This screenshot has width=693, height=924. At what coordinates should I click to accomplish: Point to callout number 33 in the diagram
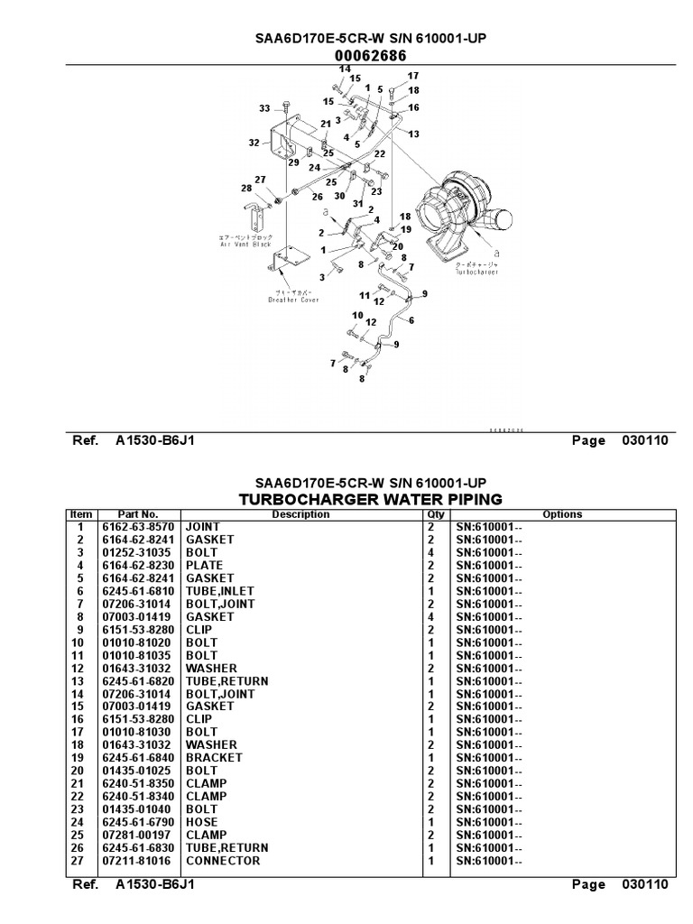pyautogui.click(x=264, y=108)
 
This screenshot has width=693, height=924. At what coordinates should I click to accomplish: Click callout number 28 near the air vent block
pyautogui.click(x=246, y=188)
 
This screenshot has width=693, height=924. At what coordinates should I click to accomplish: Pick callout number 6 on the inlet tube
pyautogui.click(x=412, y=319)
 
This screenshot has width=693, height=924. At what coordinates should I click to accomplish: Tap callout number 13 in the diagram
pyautogui.click(x=414, y=134)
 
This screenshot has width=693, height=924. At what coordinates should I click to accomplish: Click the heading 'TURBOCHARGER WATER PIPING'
pyautogui.click(x=370, y=499)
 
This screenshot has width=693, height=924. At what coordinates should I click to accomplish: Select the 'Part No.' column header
pyautogui.click(x=138, y=514)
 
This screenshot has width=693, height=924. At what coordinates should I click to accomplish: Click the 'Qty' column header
pyautogui.click(x=436, y=514)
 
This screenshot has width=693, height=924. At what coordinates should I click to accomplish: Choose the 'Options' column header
pyautogui.click(x=562, y=514)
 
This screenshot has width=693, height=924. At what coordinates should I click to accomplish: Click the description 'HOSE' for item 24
pyautogui.click(x=202, y=822)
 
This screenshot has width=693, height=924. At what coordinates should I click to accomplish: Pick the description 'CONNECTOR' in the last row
pyautogui.click(x=223, y=861)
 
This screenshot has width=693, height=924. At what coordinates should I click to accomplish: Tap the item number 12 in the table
pyautogui.click(x=80, y=668)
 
